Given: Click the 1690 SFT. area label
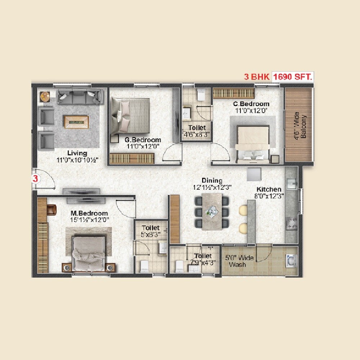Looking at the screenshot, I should pyautogui.click(x=293, y=77).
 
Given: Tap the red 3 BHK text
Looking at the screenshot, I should pyautogui.click(x=257, y=77).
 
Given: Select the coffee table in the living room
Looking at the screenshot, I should pyautogui.click(x=76, y=121).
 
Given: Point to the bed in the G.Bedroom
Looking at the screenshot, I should pyautogui.click(x=130, y=115).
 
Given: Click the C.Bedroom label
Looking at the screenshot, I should pyautogui.click(x=251, y=104).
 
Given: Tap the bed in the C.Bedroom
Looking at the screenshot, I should pyautogui.click(x=252, y=141).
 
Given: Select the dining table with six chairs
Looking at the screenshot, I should pyautogui.click(x=212, y=211).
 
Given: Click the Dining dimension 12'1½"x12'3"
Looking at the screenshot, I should pyautogui.click(x=212, y=187).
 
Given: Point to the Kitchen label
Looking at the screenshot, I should pyautogui.click(x=269, y=189).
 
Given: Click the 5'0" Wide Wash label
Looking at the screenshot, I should pyautogui.click(x=239, y=261).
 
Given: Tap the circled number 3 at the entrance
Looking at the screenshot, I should pyautogui.click(x=35, y=178).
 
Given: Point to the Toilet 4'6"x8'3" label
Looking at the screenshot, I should pyautogui.click(x=197, y=131).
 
